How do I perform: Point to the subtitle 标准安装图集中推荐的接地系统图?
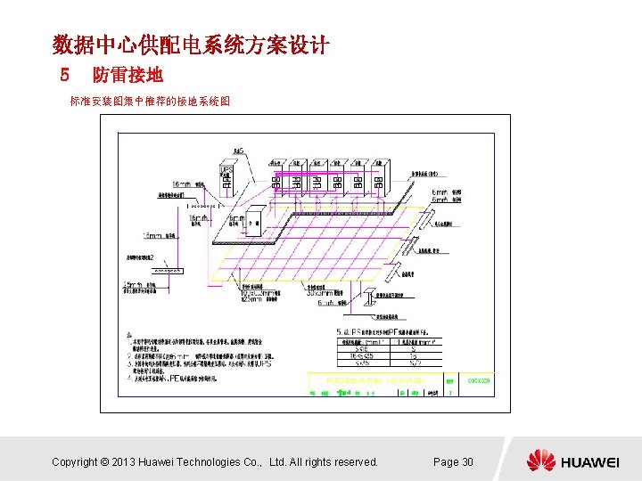150,102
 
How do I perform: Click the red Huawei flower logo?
540,461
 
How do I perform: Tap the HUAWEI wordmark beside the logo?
589,461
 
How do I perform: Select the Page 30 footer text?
453,461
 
